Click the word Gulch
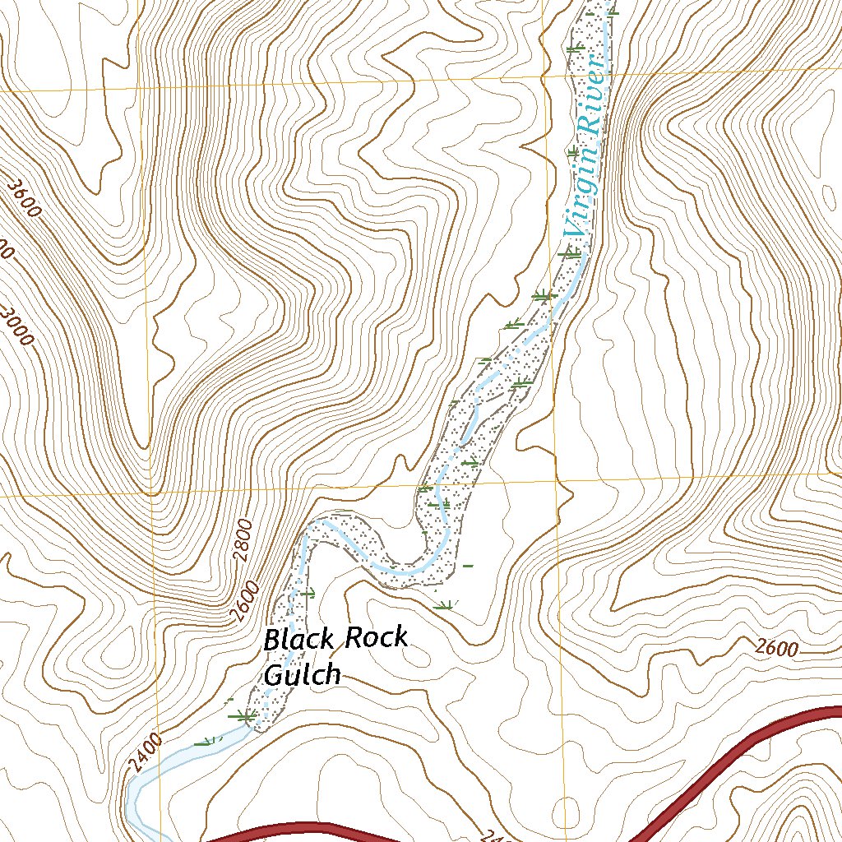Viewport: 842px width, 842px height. [302, 674]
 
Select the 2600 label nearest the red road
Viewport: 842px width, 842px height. [776, 649]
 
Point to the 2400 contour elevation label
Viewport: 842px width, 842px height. [145, 755]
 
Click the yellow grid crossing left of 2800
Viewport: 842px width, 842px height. [151, 495]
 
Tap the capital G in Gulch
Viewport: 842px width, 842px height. [275, 674]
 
